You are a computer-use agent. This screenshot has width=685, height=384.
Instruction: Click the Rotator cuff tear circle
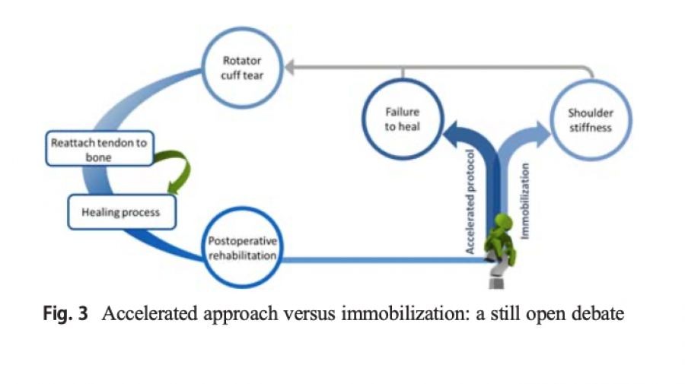point(243,68)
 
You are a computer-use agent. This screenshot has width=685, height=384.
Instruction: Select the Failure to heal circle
point(402,119)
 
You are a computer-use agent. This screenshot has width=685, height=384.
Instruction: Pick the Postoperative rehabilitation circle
point(242,248)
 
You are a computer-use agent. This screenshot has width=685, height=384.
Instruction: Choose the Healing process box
point(121,212)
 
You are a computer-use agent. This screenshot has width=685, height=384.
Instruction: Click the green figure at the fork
point(502,243)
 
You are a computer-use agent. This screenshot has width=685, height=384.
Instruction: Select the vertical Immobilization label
point(525,202)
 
